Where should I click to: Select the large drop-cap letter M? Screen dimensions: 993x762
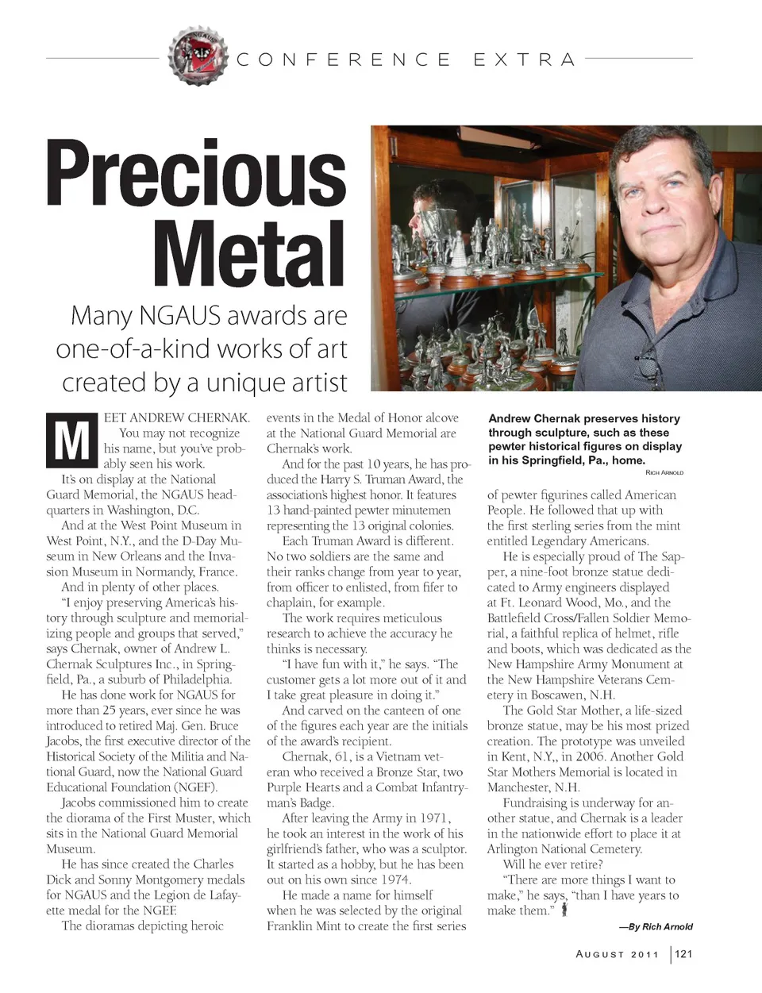click(71, 441)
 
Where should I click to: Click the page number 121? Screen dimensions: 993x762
click(683, 953)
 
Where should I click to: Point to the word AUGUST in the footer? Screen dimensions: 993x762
click(599, 954)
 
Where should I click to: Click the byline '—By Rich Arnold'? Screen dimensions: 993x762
click(656, 926)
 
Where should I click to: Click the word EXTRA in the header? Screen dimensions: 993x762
click(524, 60)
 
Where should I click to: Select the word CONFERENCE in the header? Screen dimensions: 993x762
click(344, 60)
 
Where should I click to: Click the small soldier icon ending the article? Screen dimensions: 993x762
click(564, 910)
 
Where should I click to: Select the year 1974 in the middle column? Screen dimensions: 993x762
click(394, 879)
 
